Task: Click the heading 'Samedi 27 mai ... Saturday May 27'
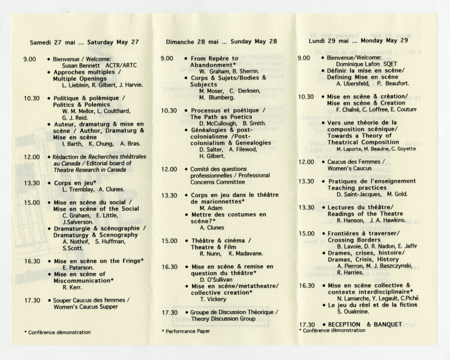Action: (84, 43)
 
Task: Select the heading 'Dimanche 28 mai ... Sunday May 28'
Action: (221, 42)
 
